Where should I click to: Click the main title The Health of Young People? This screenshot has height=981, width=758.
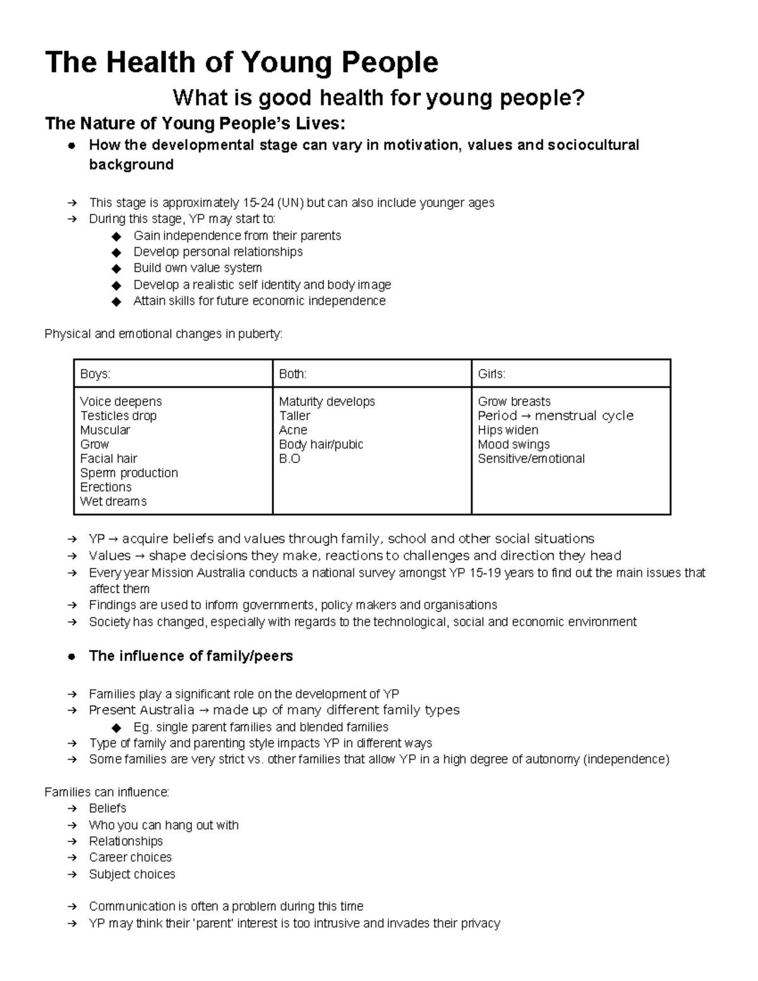tap(241, 63)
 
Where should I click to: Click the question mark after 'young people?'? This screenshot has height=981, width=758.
tap(579, 98)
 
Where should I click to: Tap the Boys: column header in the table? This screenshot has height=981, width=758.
tap(95, 374)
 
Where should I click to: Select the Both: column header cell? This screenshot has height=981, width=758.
tap(292, 374)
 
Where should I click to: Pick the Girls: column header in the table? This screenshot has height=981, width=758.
tap(491, 374)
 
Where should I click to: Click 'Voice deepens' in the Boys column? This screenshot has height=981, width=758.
tap(121, 402)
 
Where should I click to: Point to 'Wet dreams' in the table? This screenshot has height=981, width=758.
tap(113, 502)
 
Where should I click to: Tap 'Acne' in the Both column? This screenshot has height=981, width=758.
tap(293, 430)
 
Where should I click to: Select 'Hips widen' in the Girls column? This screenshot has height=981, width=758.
tap(508, 430)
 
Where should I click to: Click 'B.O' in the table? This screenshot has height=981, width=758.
tap(289, 459)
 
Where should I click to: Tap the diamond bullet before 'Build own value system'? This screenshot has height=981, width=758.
tap(116, 268)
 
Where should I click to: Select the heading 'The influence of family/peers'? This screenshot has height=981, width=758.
tap(191, 656)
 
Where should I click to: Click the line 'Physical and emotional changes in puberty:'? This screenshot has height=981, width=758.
tap(164, 334)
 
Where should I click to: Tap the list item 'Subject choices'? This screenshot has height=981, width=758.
tap(132, 874)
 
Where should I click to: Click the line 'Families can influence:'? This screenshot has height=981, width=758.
tap(107, 792)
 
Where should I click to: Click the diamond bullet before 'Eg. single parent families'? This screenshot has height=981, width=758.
tap(116, 728)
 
